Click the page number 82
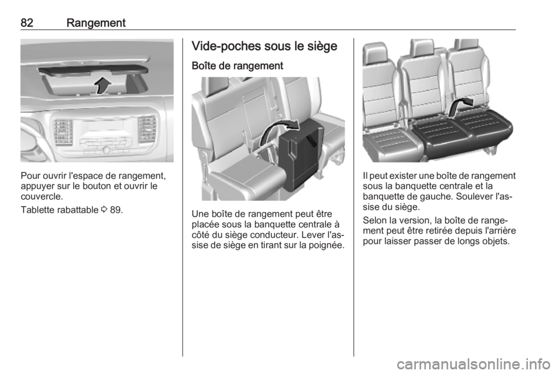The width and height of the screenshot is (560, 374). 27,23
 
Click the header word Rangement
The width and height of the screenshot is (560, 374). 96,23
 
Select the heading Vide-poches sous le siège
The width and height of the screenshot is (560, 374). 264,47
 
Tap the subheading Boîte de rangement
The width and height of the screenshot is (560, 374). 237,66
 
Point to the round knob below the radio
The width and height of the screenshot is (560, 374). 106,150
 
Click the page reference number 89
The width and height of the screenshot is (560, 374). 115,210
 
